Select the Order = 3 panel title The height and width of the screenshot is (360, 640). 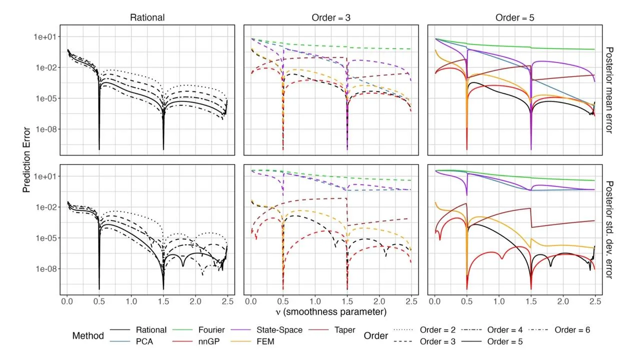(330, 18)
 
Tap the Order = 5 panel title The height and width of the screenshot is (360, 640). (514, 18)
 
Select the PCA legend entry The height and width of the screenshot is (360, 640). (146, 342)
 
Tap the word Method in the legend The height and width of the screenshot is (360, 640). (88, 335)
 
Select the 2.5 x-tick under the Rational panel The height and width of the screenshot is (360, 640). (227, 302)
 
